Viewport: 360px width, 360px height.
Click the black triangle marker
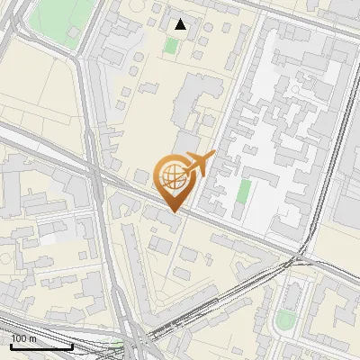[181, 24]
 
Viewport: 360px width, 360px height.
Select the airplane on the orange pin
[197, 165]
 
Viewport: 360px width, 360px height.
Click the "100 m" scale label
[23, 338]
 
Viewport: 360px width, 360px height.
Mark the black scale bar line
[41, 346]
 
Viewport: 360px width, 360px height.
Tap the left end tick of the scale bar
[11, 344]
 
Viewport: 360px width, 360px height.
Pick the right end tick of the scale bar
[72, 344]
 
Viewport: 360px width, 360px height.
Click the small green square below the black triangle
[172, 45]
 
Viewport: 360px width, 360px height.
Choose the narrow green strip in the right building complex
[243, 196]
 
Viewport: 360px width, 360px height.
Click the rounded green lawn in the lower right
[285, 319]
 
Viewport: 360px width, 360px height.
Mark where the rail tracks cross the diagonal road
[295, 260]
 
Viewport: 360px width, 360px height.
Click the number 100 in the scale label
[19, 338]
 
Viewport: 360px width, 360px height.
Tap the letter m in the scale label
[32, 338]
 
